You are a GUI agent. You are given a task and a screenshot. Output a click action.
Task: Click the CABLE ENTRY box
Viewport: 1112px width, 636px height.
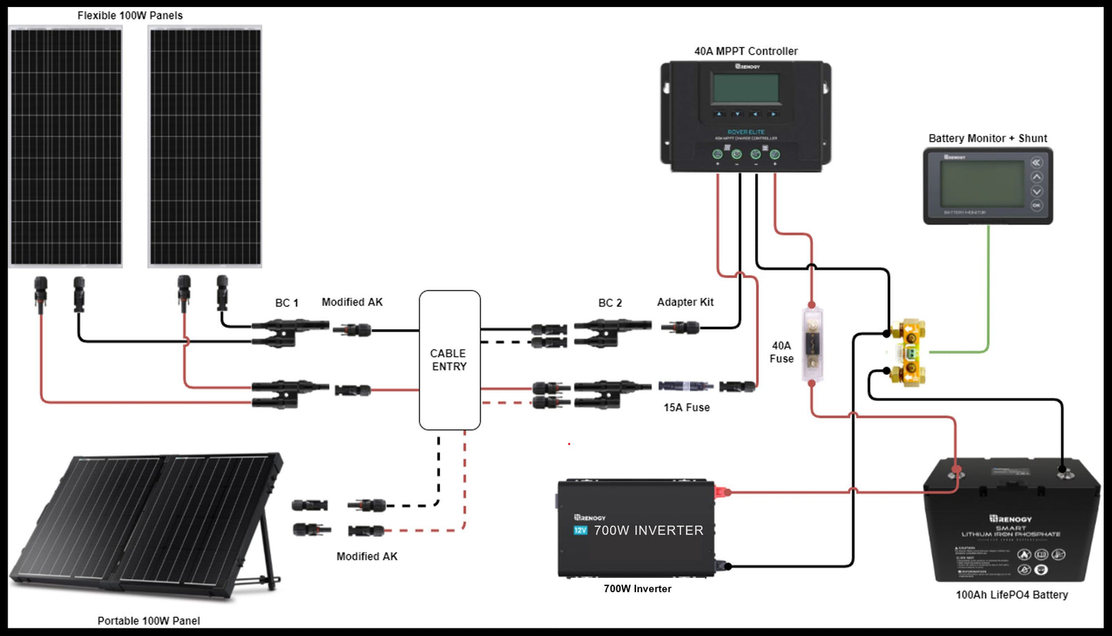[x=449, y=360]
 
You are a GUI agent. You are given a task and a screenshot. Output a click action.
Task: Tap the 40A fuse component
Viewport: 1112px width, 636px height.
[x=812, y=344]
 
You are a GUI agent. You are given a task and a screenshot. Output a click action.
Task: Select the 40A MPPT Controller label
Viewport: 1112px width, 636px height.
[x=746, y=51]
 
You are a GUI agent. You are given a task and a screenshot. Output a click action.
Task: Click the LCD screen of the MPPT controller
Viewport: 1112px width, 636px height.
[x=746, y=89]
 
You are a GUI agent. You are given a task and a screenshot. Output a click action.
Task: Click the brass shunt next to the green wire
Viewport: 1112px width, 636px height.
[x=908, y=352]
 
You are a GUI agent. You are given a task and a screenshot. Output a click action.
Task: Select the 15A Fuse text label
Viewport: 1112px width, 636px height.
[x=686, y=408]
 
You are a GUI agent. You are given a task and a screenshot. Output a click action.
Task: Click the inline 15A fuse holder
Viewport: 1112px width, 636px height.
[x=685, y=386]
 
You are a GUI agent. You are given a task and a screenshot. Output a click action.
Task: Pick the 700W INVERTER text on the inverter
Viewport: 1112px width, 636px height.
[x=648, y=530]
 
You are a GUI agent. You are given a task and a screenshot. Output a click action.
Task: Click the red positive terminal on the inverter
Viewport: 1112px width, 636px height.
[x=722, y=492]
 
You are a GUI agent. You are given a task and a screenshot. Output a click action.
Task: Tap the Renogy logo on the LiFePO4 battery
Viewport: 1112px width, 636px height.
[x=1011, y=519]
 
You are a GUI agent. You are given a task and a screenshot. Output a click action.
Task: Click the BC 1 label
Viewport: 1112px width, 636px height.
[x=286, y=303]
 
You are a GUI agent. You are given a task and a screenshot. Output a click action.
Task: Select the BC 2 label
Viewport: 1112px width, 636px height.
[x=610, y=303]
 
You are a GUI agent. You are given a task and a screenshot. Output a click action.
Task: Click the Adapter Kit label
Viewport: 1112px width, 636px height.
[x=685, y=302]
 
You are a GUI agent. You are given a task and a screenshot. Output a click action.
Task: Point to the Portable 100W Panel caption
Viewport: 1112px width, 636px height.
[x=148, y=621]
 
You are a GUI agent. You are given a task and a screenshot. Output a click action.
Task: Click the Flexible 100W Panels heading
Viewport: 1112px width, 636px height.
[x=130, y=15]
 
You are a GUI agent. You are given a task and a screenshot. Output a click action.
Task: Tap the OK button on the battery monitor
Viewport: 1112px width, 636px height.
[x=1036, y=205]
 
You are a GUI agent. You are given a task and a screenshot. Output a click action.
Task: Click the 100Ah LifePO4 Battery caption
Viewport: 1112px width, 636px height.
[x=1011, y=595]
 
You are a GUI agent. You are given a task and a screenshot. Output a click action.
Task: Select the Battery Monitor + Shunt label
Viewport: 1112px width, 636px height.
[x=987, y=138]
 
